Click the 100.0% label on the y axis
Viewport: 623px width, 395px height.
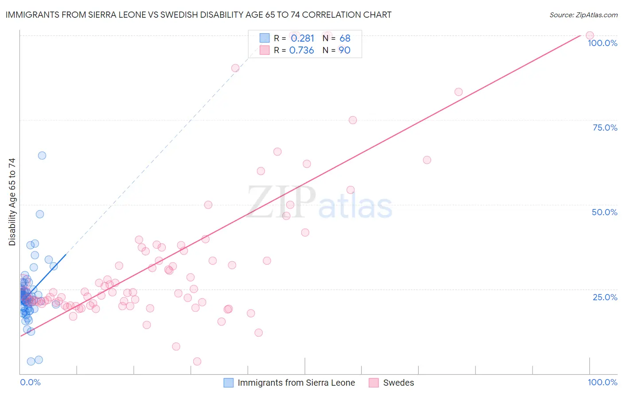tap(602, 43)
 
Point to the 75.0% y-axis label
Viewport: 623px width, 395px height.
tap(605, 128)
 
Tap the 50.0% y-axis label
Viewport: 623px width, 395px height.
tap(604, 212)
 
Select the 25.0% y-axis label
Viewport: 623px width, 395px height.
tap(605, 297)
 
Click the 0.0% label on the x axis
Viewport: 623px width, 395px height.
tap(30, 382)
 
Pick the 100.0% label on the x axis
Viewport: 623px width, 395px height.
tap(602, 382)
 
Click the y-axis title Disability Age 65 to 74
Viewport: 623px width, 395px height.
tap(12, 202)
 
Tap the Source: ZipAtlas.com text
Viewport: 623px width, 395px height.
tap(583, 15)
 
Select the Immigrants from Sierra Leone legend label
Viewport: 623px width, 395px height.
tap(296, 383)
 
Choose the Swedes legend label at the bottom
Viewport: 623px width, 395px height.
tap(398, 383)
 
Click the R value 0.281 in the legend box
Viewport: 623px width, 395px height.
tap(302, 39)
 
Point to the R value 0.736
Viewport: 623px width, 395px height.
tap(301, 50)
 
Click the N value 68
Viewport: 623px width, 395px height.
tap(345, 39)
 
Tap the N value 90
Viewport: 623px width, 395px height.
tap(345, 50)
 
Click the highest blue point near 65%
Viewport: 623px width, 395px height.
tap(42, 155)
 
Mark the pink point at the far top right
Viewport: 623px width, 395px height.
tap(589, 35)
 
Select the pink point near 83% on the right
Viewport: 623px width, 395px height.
tap(458, 92)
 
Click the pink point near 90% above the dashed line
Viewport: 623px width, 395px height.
tap(235, 68)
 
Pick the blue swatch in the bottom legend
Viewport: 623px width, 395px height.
tap(228, 383)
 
